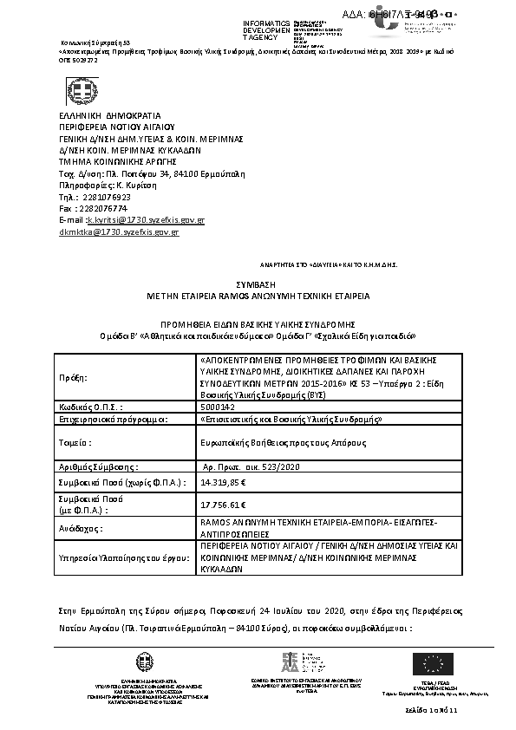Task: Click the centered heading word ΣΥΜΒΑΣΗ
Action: coord(258,284)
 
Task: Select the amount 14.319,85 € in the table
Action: coord(224,481)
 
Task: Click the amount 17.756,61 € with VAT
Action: coord(224,505)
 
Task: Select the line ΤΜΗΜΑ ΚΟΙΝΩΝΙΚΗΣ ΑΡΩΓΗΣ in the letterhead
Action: coord(117,160)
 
